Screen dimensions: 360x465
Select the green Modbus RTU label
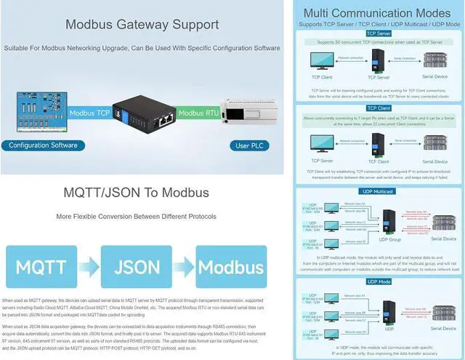[x=198, y=113]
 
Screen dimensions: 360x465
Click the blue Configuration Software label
[x=44, y=145]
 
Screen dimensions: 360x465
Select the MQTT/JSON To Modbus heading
[x=137, y=193]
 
